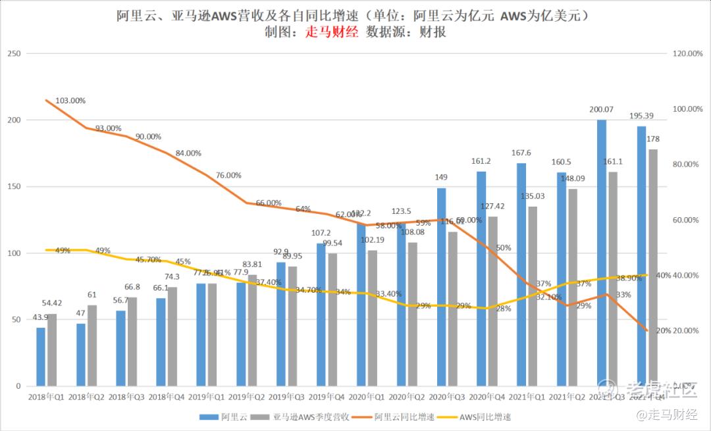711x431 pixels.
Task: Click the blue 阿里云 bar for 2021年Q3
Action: (602, 253)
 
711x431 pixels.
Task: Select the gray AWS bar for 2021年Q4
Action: (652, 267)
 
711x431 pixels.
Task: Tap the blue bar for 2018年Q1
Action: (41, 357)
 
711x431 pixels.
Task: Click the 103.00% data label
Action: (71, 101)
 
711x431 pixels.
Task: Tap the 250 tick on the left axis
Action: (13, 54)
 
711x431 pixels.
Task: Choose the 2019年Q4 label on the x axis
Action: (326, 397)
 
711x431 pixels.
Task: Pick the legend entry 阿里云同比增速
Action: (404, 417)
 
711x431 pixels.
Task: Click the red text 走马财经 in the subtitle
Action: (332, 32)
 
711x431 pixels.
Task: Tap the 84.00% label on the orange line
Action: (188, 153)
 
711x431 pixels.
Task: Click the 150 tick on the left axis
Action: (13, 187)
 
